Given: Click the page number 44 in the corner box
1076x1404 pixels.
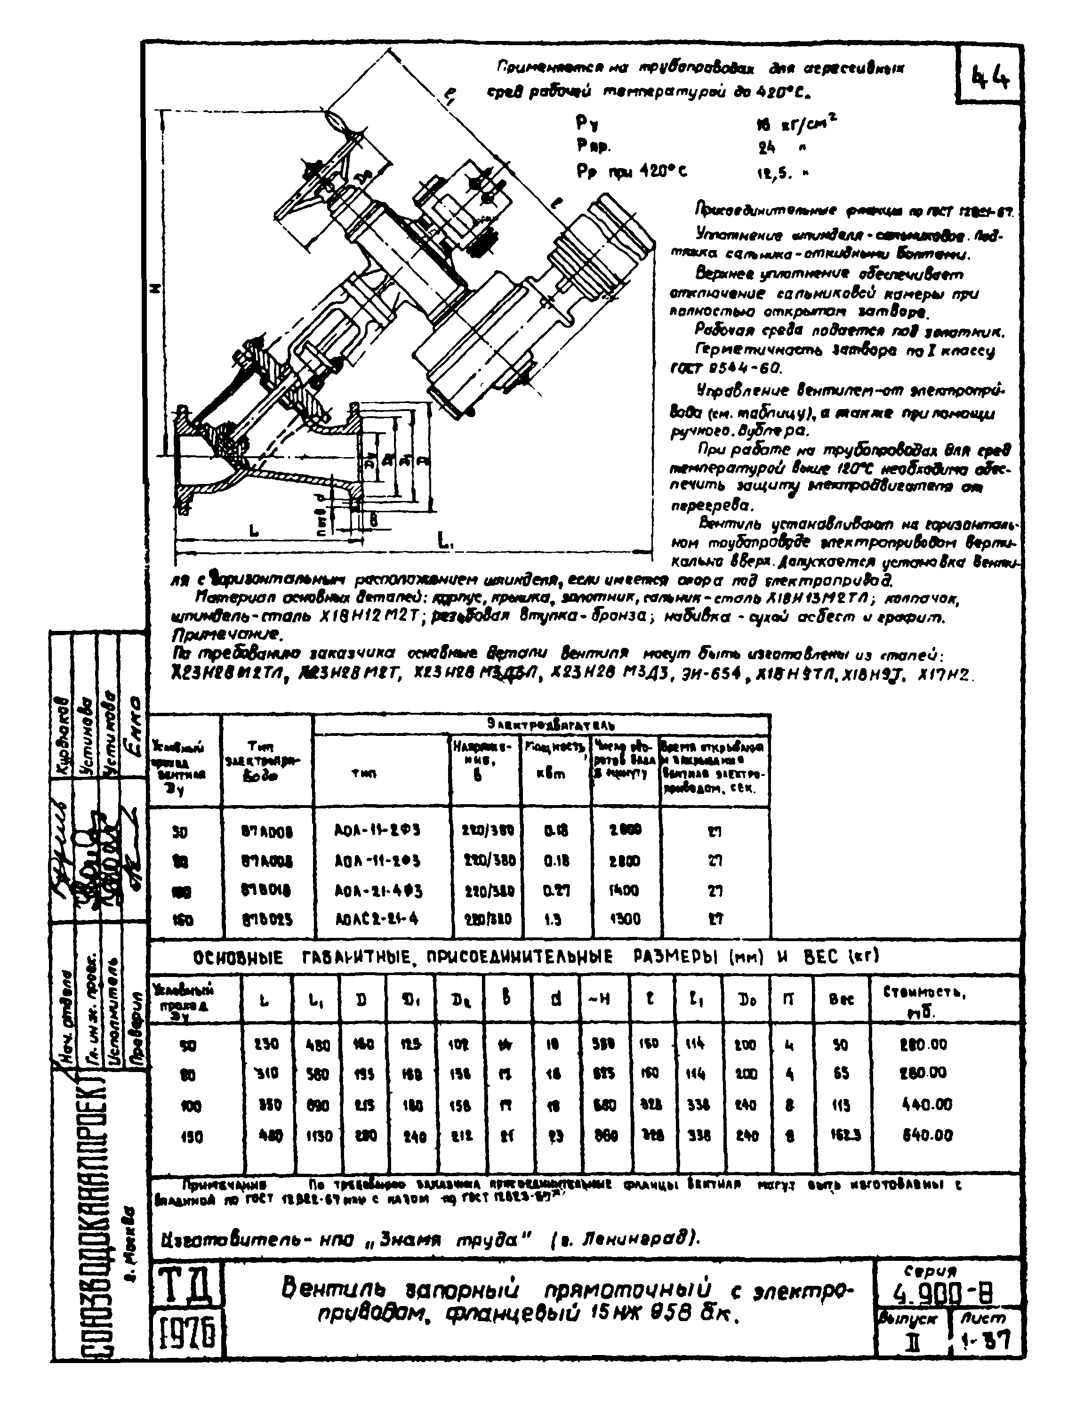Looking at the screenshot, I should (991, 78).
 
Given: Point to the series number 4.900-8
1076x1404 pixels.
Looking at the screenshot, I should (946, 1295).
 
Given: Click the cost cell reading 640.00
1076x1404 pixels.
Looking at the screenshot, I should (927, 1136).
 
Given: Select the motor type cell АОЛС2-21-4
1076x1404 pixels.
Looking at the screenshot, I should (377, 919).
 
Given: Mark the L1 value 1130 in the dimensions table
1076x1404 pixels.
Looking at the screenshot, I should (317, 1136).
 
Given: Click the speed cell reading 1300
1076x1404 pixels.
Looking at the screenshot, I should (624, 919).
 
